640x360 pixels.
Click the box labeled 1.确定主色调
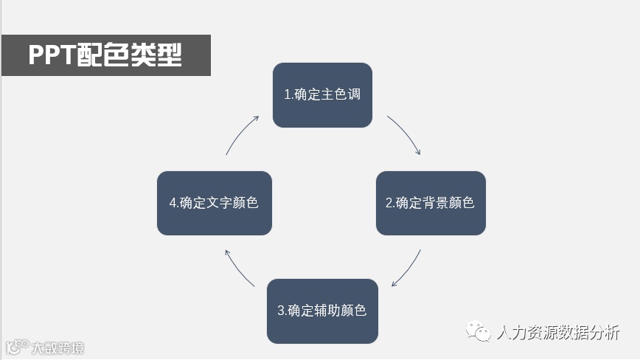click(x=322, y=95)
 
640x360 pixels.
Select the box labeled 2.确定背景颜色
click(x=431, y=203)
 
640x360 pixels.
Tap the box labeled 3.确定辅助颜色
click(x=322, y=311)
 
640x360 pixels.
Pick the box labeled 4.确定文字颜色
click(x=215, y=203)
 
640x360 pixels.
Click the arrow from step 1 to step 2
click(x=405, y=134)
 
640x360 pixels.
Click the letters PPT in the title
click(x=52, y=55)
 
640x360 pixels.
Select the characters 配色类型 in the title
click(x=129, y=55)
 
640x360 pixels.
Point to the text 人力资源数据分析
click(x=559, y=333)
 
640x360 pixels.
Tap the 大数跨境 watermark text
click(x=58, y=347)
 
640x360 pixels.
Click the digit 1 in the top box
click(x=287, y=95)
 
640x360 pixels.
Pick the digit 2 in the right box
click(x=389, y=203)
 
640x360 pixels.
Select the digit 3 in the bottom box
click(x=281, y=311)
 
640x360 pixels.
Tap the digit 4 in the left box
click(x=173, y=203)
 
